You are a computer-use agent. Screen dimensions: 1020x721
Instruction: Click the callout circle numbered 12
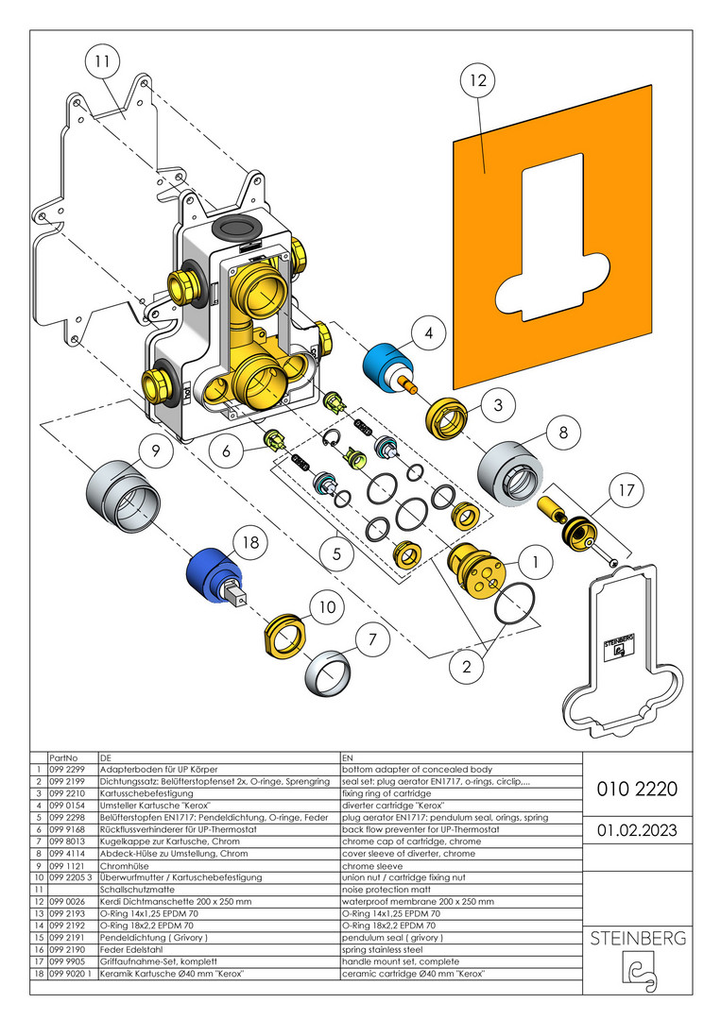click(478, 81)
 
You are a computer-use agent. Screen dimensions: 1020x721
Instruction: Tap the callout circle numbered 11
click(102, 63)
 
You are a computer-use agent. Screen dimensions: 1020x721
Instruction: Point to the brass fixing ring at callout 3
click(447, 418)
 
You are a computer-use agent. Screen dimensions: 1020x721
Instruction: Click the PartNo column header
click(62, 757)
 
